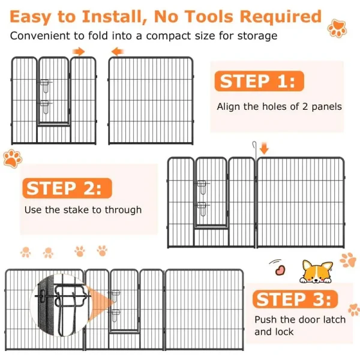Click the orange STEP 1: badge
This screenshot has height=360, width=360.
pyautogui.click(x=259, y=81)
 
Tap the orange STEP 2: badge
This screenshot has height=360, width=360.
pyautogui.click(x=67, y=188)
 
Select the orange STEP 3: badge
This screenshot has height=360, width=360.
pyautogui.click(x=295, y=299)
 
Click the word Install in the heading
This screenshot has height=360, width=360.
pyautogui.click(x=115, y=17)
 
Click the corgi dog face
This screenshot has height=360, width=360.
pyautogui.click(x=316, y=272)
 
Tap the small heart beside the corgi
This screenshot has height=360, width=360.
pyautogui.click(x=280, y=270)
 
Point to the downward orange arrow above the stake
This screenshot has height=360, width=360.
pyautogui.click(x=264, y=148)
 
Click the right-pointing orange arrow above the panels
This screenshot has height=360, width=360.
pyautogui.click(x=79, y=52)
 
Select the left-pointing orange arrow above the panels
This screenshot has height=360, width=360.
pyautogui.click(x=118, y=52)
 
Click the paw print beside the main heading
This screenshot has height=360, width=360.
pyautogui.click(x=337, y=28)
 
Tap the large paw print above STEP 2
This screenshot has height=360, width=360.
pyautogui.click(x=13, y=158)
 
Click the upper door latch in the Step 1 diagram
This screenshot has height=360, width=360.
pyautogui.click(x=45, y=86)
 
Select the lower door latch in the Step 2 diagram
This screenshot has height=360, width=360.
pyautogui.click(x=202, y=209)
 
